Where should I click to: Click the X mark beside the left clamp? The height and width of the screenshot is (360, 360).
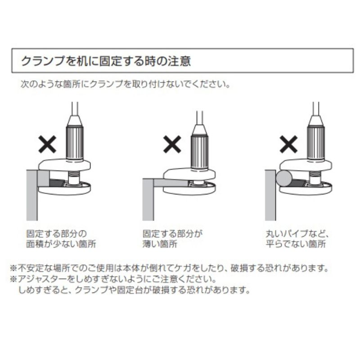(x=47, y=144)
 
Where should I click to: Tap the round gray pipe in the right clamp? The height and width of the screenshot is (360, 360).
(x=285, y=179)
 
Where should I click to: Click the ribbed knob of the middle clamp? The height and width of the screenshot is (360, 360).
(x=200, y=148)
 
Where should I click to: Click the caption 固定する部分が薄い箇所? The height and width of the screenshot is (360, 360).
(x=173, y=239)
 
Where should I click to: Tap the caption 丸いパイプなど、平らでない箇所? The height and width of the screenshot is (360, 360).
(x=297, y=239)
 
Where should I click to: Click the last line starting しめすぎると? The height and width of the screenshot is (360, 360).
(x=134, y=290)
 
